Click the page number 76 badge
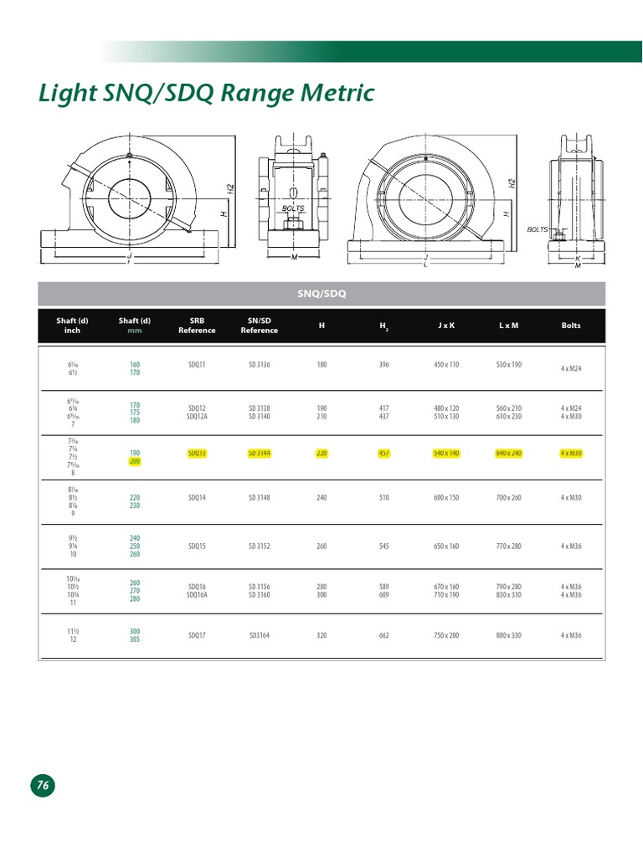[43, 785]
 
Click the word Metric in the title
[332, 93]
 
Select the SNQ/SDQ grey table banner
[321, 294]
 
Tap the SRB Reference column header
[197, 326]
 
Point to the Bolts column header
[570, 326]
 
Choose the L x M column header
[508, 326]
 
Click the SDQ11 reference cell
[197, 365]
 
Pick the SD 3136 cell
[259, 365]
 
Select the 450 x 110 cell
[446, 365]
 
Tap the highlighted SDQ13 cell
[197, 453]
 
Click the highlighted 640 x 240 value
[508, 453]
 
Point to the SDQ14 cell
[197, 497]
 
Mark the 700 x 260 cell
[508, 497]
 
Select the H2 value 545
[384, 547]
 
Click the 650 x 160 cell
[446, 547]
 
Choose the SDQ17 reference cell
[197, 635]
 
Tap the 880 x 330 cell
[508, 635]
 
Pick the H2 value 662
[384, 635]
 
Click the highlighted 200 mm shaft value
[135, 461]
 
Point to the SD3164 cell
[259, 635]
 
